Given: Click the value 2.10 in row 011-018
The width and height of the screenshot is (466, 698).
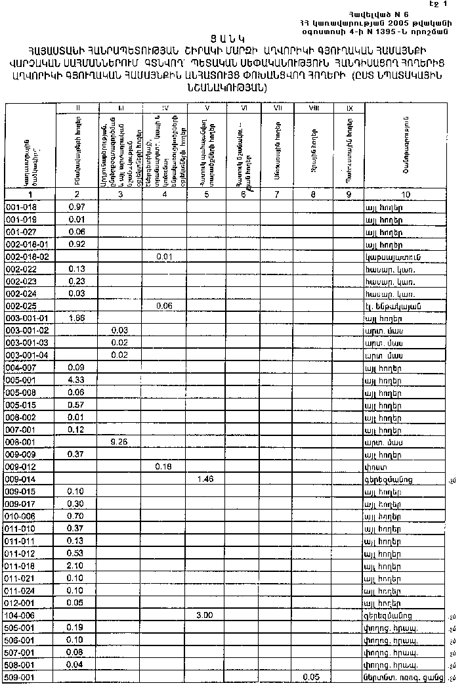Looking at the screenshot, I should tap(77, 565).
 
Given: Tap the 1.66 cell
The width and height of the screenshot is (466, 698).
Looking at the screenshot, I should tap(77, 318).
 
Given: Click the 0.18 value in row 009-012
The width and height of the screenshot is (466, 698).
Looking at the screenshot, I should tap(164, 467).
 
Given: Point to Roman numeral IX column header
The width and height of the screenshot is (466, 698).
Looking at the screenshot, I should tap(349, 107).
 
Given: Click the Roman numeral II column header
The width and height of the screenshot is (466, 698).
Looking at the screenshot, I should tap(77, 107).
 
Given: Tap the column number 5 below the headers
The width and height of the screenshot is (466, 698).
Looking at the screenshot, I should tap(207, 194).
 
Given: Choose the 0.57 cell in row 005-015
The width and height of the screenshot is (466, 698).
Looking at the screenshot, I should tap(77, 405).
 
